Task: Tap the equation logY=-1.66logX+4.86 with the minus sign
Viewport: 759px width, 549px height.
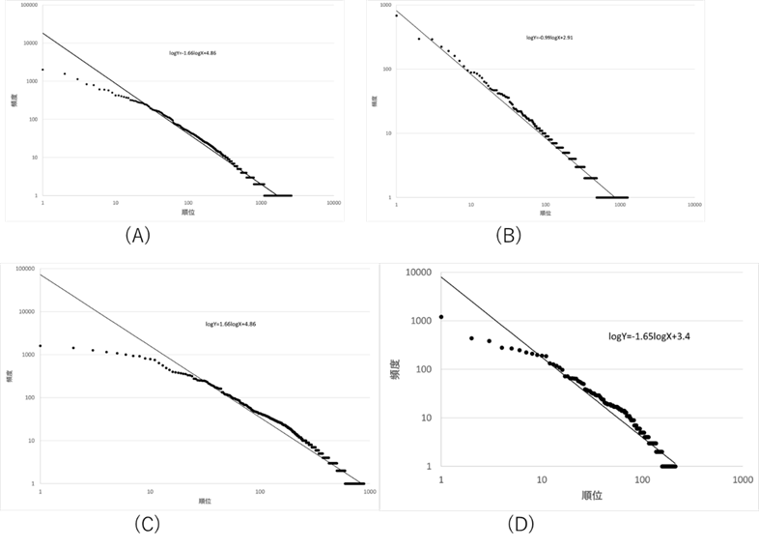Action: coord(192,53)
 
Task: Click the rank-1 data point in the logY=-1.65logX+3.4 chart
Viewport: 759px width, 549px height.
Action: coord(441,316)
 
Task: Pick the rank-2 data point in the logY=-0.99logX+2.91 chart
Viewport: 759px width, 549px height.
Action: coord(419,39)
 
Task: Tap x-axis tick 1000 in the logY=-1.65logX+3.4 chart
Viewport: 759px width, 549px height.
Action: coord(742,479)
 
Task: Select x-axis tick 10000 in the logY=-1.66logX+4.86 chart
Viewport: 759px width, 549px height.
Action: coord(332,204)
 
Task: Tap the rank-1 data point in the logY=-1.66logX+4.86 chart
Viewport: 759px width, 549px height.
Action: coord(42,70)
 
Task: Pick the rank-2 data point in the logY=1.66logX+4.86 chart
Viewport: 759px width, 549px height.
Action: coord(73,348)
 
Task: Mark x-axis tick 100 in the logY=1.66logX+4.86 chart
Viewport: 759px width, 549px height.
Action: coord(261,492)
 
